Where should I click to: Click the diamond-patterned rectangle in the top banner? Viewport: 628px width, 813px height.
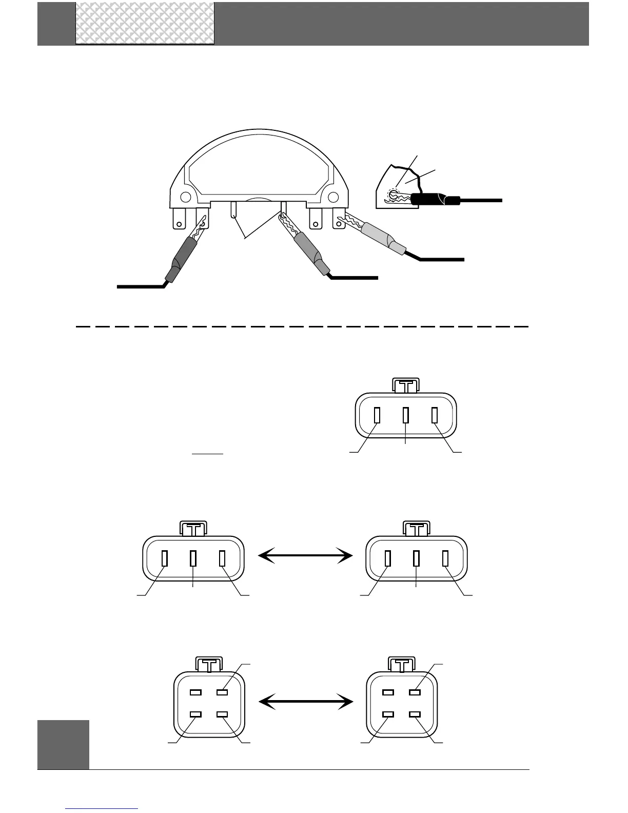tap(145, 23)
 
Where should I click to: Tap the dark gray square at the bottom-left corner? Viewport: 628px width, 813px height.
tap(63, 744)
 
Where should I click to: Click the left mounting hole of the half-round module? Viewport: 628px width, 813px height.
tap(186, 196)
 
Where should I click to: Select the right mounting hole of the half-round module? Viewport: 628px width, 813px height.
tap(333, 196)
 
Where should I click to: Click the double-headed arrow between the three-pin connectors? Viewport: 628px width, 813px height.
tap(306, 555)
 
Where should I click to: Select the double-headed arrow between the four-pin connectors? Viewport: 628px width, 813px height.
tap(306, 700)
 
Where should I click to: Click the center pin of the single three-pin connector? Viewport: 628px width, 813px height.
tap(405, 415)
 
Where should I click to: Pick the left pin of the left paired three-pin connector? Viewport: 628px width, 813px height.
tap(164, 558)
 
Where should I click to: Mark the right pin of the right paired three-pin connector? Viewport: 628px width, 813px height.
tap(445, 558)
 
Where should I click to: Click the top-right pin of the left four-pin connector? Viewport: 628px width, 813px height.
tap(222, 692)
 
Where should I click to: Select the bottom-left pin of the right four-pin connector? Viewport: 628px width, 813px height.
tap(388, 714)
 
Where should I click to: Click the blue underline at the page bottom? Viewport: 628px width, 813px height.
tap(102, 808)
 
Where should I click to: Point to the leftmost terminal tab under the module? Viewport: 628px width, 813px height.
tap(179, 218)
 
